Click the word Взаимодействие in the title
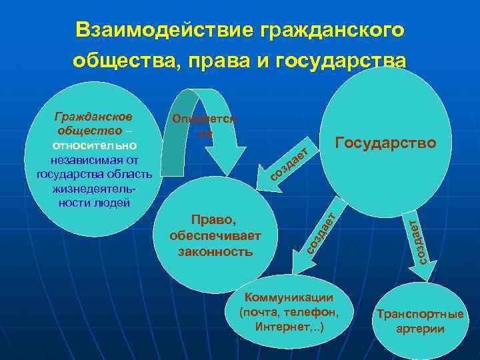(x=163, y=30)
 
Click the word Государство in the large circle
(x=385, y=143)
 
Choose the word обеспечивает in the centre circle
(x=215, y=236)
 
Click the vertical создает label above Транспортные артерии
(x=417, y=241)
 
